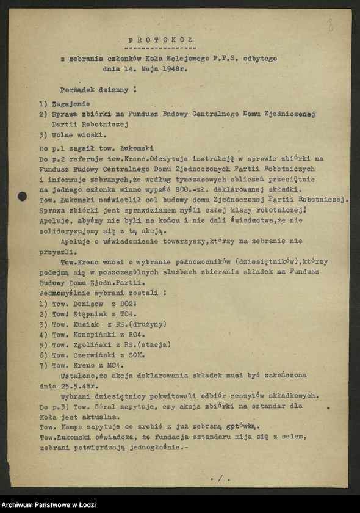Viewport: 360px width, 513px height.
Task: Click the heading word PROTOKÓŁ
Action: [x=160, y=39]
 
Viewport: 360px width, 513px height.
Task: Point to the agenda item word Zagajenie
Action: [x=73, y=104]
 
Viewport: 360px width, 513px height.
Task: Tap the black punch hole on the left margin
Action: [x=23, y=196]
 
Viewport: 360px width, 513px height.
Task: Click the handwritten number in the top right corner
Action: [x=330, y=25]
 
